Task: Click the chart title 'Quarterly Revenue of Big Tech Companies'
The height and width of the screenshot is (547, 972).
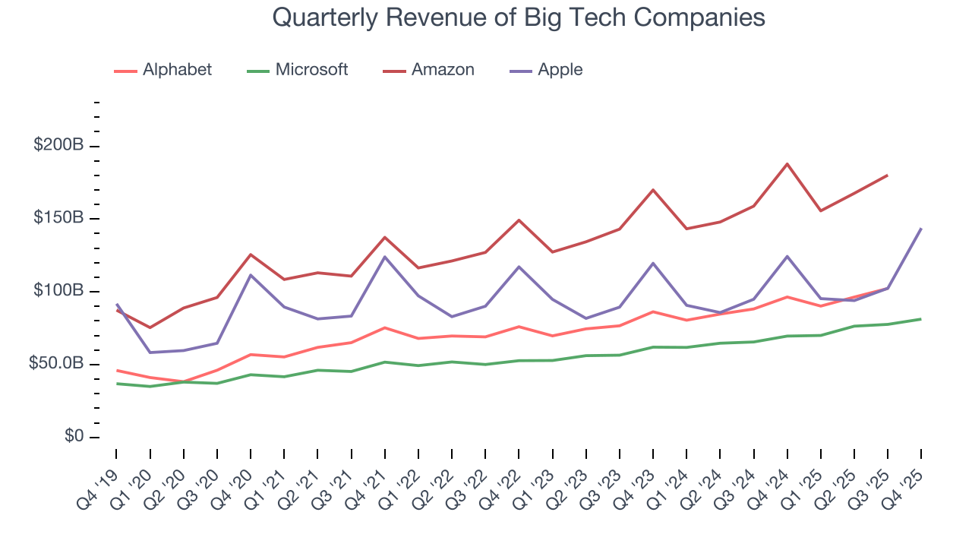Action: click(x=518, y=17)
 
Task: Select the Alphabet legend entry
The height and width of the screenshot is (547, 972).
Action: click(x=176, y=70)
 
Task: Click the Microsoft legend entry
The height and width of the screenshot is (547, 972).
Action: click(x=311, y=70)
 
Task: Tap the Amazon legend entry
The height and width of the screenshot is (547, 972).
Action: click(x=442, y=70)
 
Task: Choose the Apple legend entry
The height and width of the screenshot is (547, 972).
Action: click(x=560, y=70)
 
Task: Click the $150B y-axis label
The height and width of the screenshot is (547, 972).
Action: click(x=58, y=217)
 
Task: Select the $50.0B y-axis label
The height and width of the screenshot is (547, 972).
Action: click(x=55, y=363)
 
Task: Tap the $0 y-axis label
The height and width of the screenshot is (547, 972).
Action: click(x=73, y=436)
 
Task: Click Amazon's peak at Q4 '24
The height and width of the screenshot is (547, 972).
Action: click(x=787, y=163)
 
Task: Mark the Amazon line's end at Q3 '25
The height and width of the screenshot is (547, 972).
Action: click(x=888, y=175)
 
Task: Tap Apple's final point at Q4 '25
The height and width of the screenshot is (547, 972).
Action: click(x=921, y=229)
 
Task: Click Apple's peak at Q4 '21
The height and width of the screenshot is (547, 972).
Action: click(x=385, y=257)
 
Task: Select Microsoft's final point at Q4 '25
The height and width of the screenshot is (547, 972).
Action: click(x=921, y=319)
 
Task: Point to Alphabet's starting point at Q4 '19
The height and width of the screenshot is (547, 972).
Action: click(x=116, y=371)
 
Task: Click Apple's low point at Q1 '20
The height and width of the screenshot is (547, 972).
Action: click(x=150, y=353)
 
